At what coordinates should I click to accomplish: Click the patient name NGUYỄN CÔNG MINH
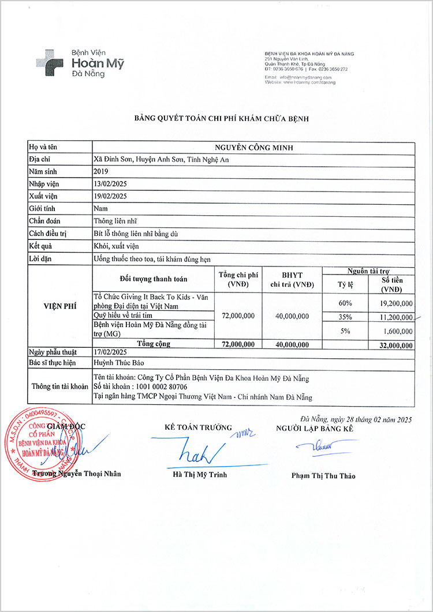pos(253,148)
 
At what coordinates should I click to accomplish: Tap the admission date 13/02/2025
pos(110,184)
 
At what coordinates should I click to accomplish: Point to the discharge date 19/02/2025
pos(110,196)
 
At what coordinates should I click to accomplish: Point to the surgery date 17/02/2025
pos(110,352)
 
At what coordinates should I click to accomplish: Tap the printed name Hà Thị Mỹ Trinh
pos(200,475)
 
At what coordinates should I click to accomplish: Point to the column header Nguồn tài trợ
pos(368,271)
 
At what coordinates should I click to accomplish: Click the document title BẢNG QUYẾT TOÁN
pos(221,118)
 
